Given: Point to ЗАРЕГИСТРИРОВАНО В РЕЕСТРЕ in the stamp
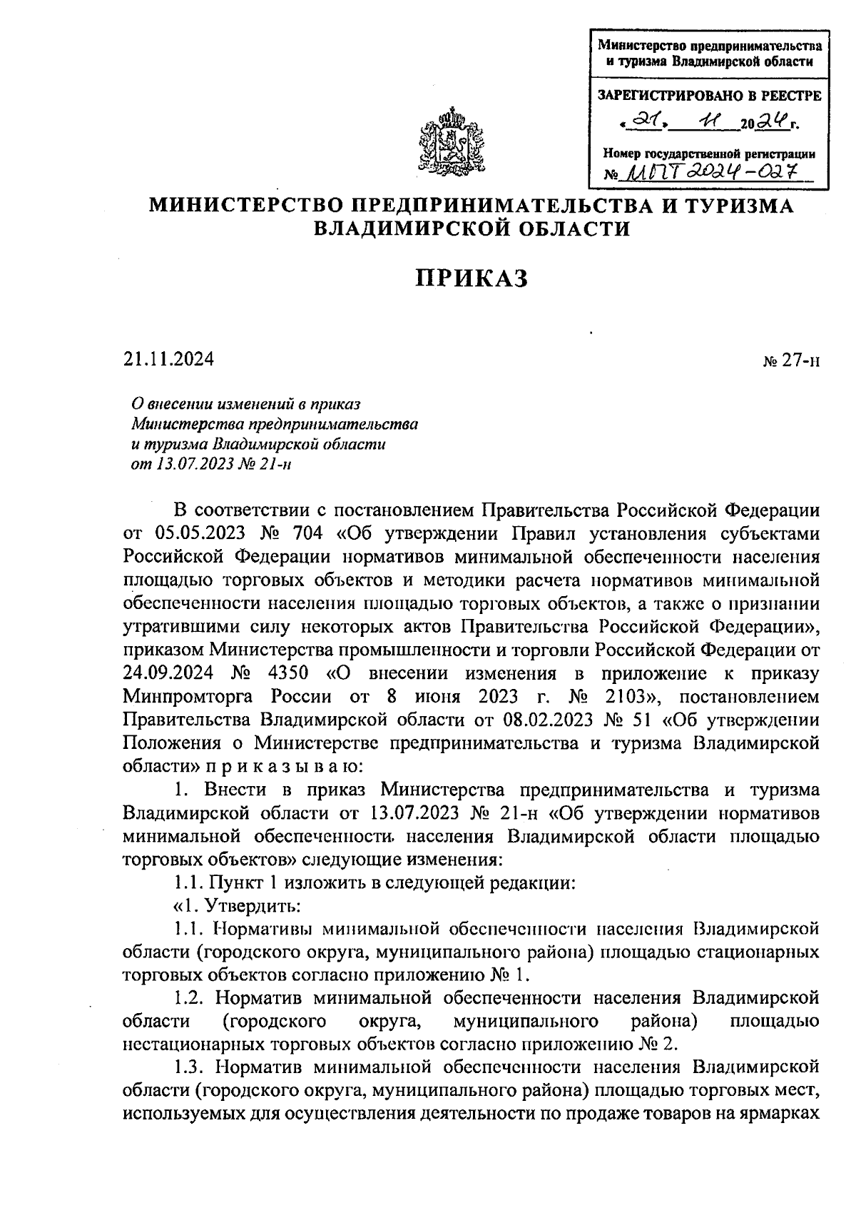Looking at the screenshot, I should [x=708, y=96].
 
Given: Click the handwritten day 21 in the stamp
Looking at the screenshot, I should [x=643, y=124].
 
